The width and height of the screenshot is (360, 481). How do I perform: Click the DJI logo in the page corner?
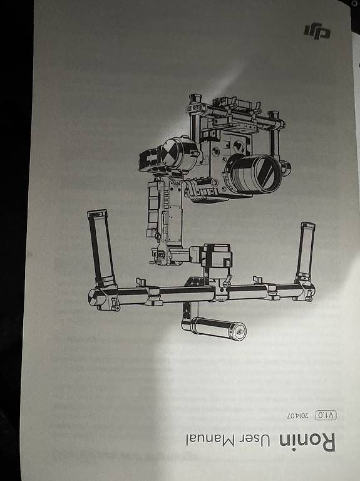click(x=317, y=31)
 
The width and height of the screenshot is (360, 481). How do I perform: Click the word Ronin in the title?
click(x=307, y=442)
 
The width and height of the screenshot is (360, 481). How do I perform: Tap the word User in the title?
click(x=254, y=441)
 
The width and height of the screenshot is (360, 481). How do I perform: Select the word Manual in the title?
click(x=210, y=440)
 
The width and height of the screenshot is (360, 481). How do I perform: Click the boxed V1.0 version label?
click(x=326, y=415)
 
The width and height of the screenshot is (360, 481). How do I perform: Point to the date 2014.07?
click(x=297, y=415)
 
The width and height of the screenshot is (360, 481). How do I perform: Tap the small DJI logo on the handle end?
click(x=240, y=331)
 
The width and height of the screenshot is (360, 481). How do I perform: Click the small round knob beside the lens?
click(x=285, y=168)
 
